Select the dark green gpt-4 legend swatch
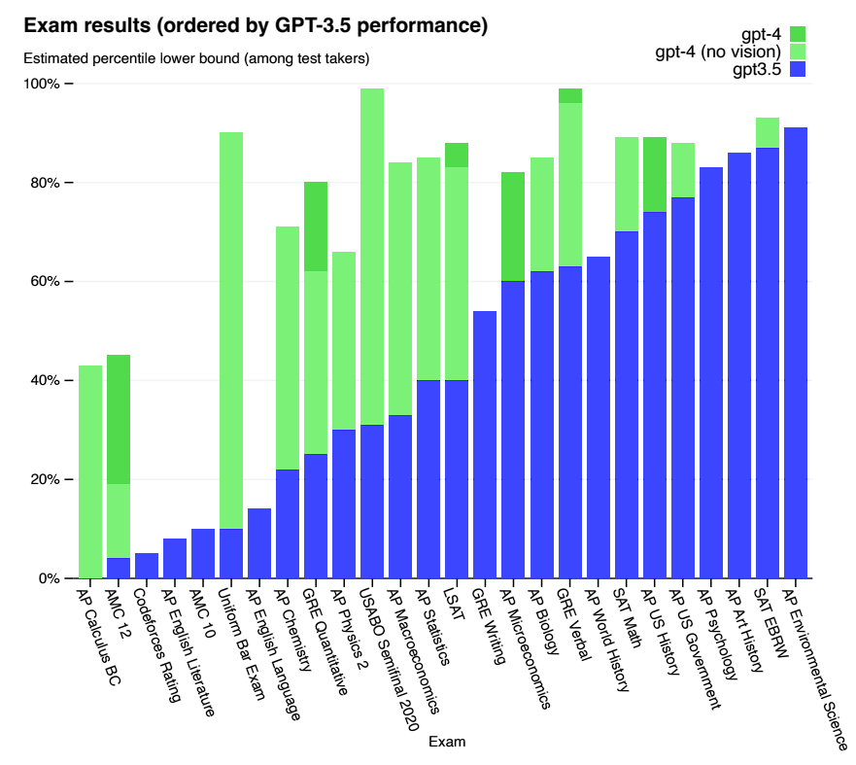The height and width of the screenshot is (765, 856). tap(798, 34)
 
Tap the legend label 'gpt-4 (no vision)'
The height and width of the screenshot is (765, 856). tap(718, 52)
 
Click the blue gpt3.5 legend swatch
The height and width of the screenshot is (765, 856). tap(798, 69)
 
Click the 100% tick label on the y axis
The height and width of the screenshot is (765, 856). tap(41, 84)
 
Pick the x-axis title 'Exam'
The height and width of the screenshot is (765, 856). tap(446, 742)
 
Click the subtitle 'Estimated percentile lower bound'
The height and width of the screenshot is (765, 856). tap(195, 59)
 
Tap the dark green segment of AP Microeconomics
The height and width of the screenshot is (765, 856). tap(513, 226)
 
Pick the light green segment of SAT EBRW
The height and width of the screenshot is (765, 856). tap(768, 133)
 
